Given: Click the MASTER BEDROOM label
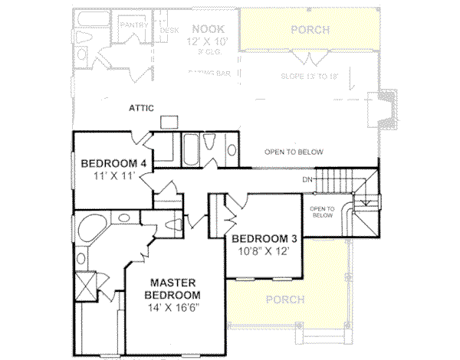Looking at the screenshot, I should coord(175,288).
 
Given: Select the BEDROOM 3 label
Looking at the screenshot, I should coord(264,237).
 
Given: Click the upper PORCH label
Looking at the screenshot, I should coord(311,30).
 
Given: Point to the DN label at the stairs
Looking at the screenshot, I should coord(307,180).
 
